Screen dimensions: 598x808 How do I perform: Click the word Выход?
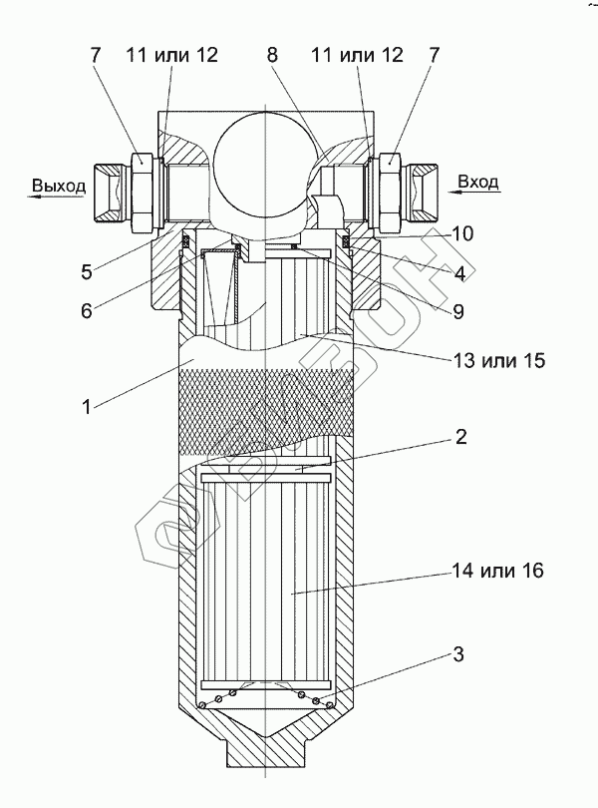click(x=59, y=186)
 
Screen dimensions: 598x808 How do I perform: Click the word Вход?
click(x=478, y=182)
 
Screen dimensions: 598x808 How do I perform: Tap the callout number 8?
click(x=272, y=55)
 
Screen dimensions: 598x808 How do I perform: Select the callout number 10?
click(x=463, y=233)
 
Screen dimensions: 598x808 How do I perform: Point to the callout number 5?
click(x=86, y=272)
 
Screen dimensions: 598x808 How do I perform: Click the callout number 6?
click(x=86, y=310)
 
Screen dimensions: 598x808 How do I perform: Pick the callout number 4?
click(x=459, y=273)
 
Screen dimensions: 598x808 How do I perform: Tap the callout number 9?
click(x=457, y=311)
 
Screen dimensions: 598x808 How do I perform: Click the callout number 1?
click(x=86, y=407)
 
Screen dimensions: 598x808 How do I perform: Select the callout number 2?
click(x=461, y=437)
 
